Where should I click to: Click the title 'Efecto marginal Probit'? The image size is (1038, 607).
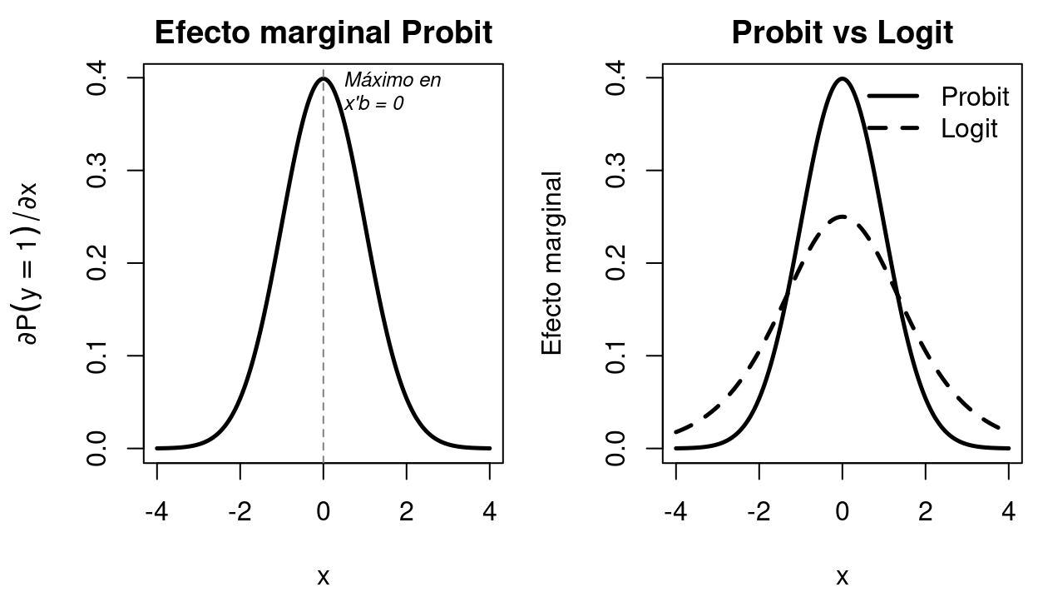point(324,32)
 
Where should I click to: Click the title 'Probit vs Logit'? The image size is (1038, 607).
point(842,32)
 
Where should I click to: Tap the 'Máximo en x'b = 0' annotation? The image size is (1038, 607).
point(392,92)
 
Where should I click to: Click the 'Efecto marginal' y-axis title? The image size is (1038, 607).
point(552,263)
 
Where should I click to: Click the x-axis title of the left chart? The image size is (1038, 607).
point(324,575)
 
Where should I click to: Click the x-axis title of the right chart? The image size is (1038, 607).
point(842,575)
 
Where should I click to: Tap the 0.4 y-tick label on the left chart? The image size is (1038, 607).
point(97,77)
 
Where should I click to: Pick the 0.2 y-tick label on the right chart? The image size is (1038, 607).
point(616,263)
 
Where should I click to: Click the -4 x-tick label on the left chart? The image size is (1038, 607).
point(157,511)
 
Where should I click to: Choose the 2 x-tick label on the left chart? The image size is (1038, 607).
point(407,511)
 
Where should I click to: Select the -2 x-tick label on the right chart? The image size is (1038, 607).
point(759,511)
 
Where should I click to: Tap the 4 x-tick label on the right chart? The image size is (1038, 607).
point(1008,511)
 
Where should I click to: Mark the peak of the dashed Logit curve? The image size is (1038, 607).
point(843,216)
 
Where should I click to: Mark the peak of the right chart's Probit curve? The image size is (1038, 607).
point(843,79)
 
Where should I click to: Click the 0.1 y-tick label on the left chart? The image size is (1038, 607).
point(97,356)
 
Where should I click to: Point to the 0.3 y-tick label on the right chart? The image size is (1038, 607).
point(616,171)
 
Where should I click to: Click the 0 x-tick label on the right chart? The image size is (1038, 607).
point(843,511)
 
